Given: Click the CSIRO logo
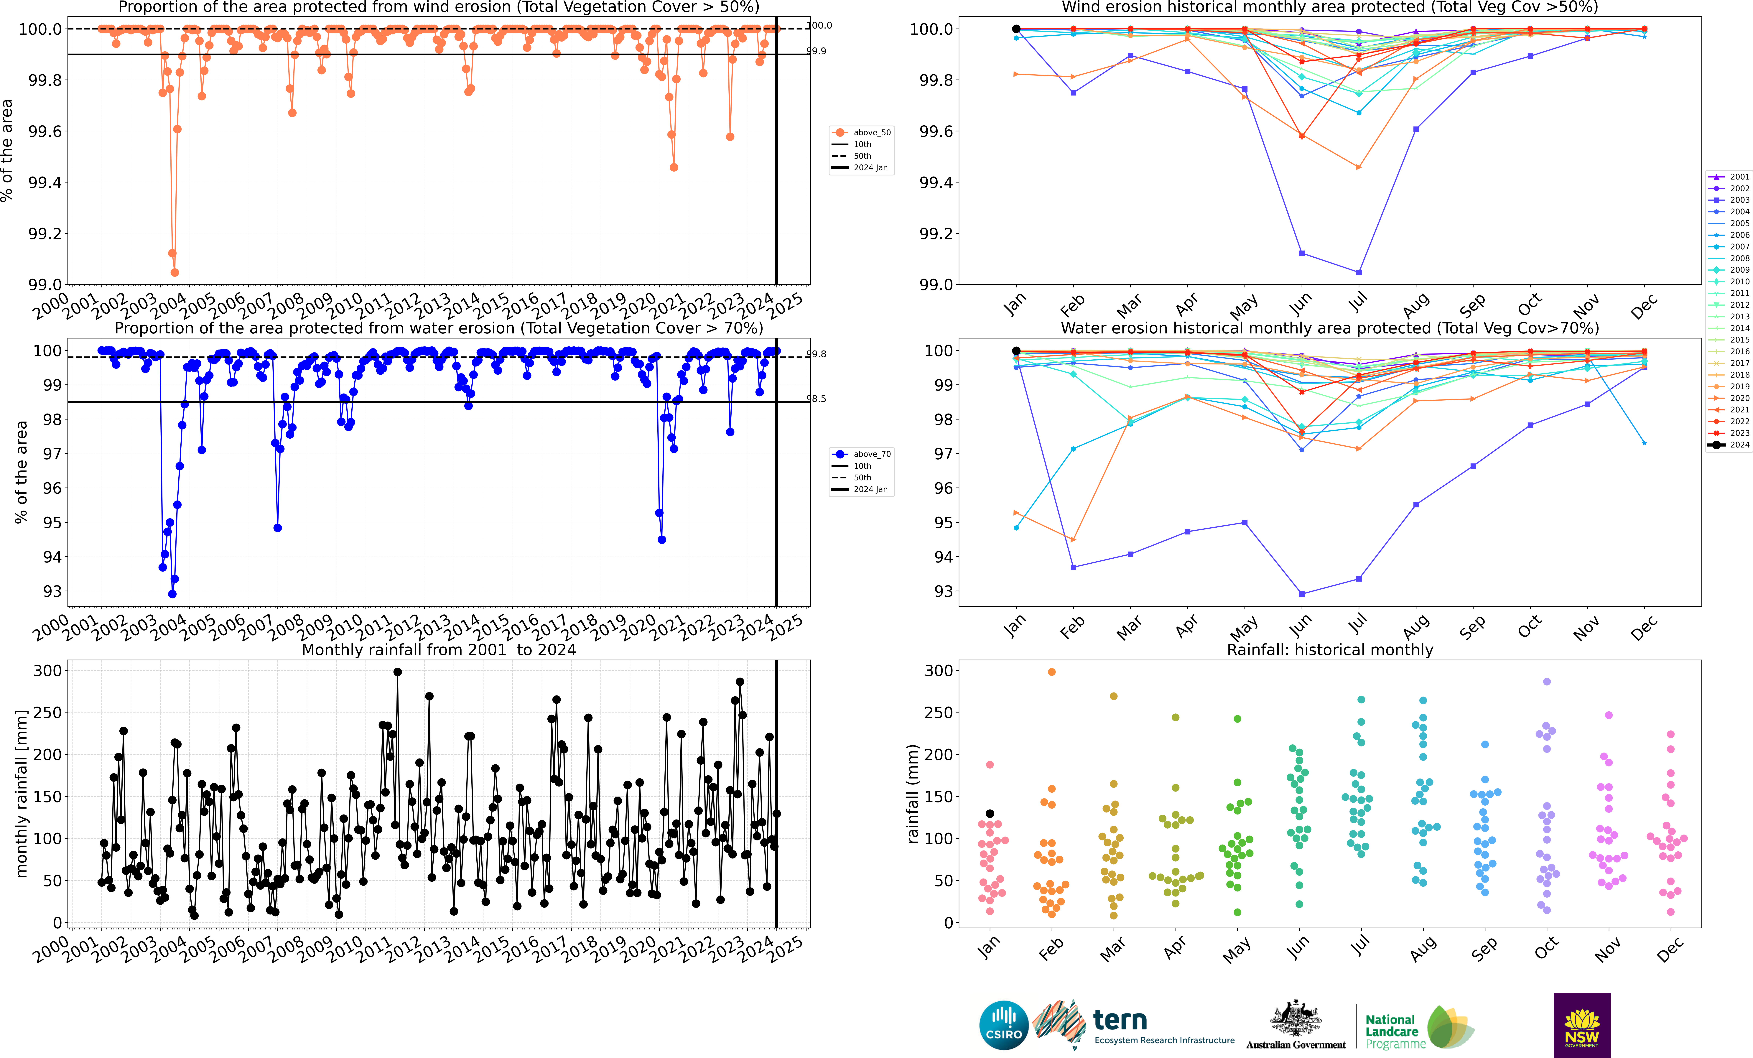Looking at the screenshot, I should tap(1004, 1025).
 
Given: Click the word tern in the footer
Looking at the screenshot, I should tap(1120, 1020).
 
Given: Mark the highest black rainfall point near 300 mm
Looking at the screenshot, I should tap(398, 672).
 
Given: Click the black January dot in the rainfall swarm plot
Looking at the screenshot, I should tap(990, 813).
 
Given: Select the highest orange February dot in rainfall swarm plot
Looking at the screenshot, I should tap(1051, 672).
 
